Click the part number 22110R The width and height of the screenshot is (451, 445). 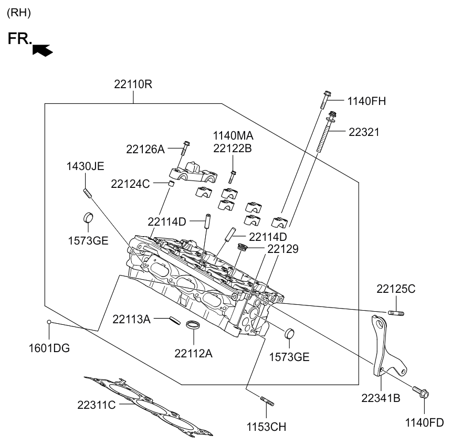133,84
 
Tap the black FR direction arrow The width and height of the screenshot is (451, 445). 43,50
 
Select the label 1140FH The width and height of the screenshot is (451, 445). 366,101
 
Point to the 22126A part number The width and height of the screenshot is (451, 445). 145,150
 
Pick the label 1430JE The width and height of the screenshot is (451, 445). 85,167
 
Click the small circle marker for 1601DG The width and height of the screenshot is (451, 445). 49,322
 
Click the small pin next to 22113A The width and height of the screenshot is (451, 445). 172,320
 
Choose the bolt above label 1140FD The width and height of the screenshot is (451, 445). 421,391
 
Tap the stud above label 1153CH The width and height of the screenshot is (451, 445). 267,401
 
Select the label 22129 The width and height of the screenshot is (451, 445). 283,249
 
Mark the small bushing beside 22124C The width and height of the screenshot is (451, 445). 170,184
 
